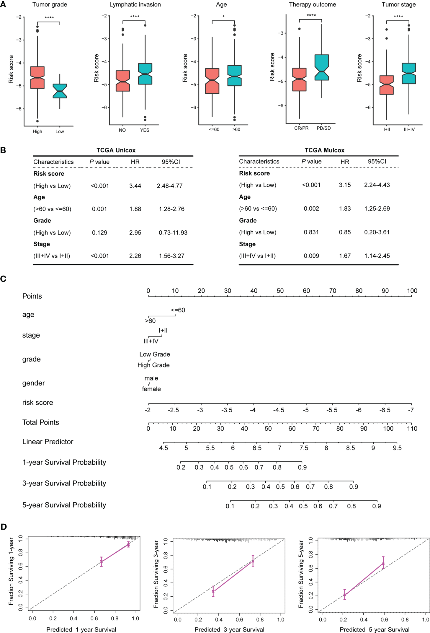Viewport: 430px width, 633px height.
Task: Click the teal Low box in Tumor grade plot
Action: point(60,91)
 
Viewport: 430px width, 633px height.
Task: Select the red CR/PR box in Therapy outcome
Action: point(299,79)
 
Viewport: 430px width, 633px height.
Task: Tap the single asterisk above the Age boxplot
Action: point(223,17)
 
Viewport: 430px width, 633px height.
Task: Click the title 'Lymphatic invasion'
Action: point(135,4)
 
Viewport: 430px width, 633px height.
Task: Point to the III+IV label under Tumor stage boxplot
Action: point(409,129)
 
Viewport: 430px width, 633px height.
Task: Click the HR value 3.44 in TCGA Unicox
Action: point(135,186)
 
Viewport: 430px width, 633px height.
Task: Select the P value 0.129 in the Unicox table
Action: point(99,232)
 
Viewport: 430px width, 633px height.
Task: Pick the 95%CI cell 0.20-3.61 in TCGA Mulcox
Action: point(377,232)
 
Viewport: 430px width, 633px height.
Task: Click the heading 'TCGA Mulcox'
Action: point(324,150)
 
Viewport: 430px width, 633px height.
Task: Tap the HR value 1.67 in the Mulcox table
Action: point(345,256)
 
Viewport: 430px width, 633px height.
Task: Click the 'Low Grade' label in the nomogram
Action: point(155,354)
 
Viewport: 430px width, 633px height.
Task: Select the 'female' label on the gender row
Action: point(151,389)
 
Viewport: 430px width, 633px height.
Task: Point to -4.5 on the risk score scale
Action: point(279,410)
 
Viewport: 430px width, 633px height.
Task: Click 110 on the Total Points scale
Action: point(412,429)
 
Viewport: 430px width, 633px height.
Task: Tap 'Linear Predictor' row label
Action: point(48,442)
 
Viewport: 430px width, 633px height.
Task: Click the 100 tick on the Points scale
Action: point(412,291)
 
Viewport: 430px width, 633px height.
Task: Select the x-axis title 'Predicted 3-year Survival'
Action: point(229,629)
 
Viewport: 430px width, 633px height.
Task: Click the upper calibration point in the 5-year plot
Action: point(383,564)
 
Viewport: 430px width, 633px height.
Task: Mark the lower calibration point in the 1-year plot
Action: point(101,562)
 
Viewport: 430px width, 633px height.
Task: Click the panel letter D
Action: point(4,527)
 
